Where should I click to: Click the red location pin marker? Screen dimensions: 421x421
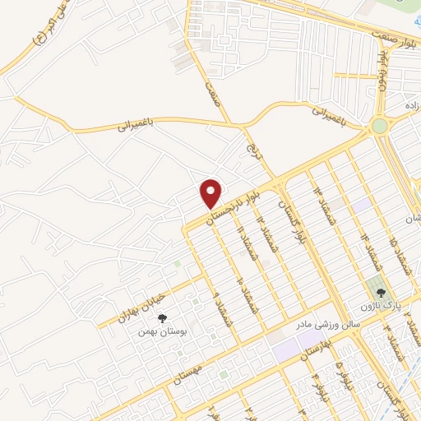(211, 192)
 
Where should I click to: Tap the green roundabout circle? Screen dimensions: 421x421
(379, 127)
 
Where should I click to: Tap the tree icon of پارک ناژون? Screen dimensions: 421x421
(379, 291)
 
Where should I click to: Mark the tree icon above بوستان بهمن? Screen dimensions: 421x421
(161, 317)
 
